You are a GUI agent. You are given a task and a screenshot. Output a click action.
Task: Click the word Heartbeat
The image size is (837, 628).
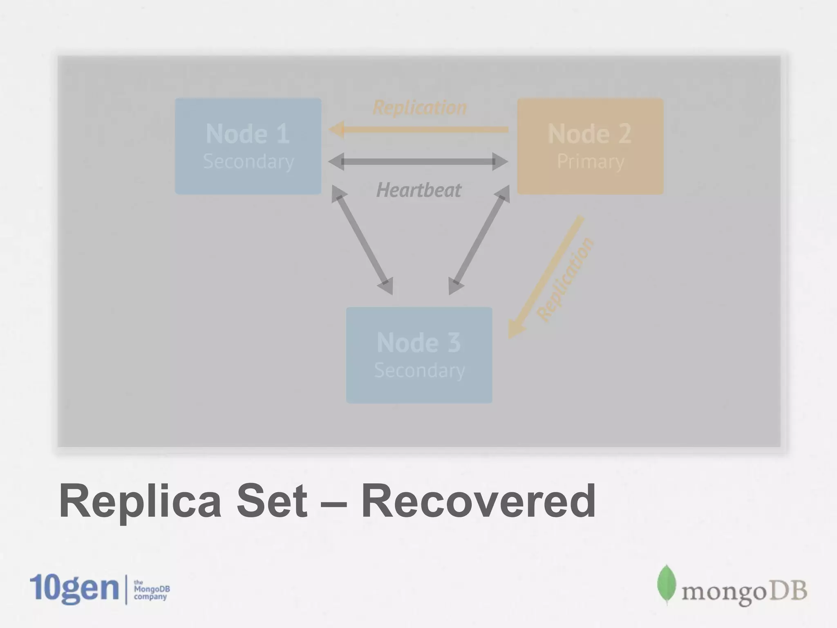tap(419, 190)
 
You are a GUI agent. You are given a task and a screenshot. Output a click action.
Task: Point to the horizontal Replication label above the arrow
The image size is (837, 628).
tap(420, 108)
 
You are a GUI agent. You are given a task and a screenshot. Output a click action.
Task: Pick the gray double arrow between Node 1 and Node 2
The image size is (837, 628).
tap(418, 162)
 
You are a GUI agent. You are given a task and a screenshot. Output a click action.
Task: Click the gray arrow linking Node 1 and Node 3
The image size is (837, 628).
tap(362, 240)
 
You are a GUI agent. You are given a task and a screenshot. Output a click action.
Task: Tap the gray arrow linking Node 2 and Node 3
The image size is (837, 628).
tap(479, 240)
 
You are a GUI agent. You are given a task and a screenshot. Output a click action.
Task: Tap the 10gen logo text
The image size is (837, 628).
tap(74, 589)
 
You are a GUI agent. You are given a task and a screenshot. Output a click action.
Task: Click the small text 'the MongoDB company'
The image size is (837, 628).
tap(151, 590)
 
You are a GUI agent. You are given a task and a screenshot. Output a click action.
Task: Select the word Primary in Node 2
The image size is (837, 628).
tap(591, 161)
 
